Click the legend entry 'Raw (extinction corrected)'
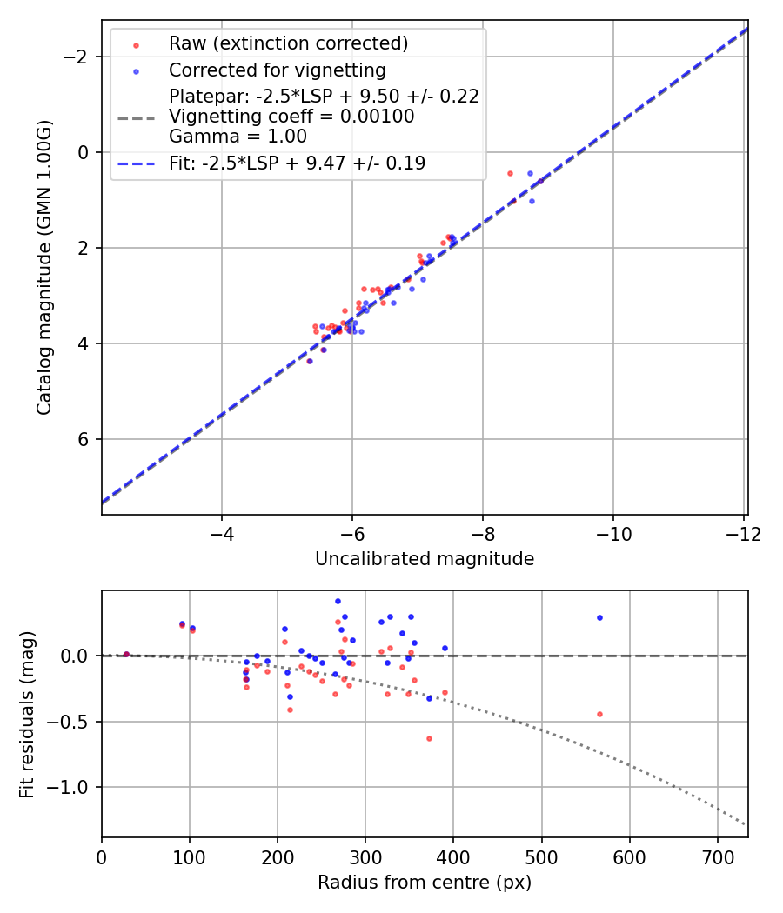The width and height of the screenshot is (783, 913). tap(288, 43)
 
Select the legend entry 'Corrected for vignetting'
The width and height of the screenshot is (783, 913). tap(277, 70)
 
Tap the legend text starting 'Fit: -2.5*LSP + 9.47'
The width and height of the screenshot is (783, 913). tap(297, 163)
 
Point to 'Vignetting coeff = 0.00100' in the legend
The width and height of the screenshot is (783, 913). tap(291, 116)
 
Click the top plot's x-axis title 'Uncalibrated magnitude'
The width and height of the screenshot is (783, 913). tap(425, 559)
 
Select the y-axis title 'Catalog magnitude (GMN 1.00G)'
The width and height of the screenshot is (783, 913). tap(44, 268)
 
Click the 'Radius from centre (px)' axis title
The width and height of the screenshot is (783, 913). tap(425, 883)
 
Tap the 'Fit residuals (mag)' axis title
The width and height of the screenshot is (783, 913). tap(27, 715)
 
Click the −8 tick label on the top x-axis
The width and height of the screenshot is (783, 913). tap(483, 532)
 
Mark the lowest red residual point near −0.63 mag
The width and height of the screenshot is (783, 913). tap(429, 738)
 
